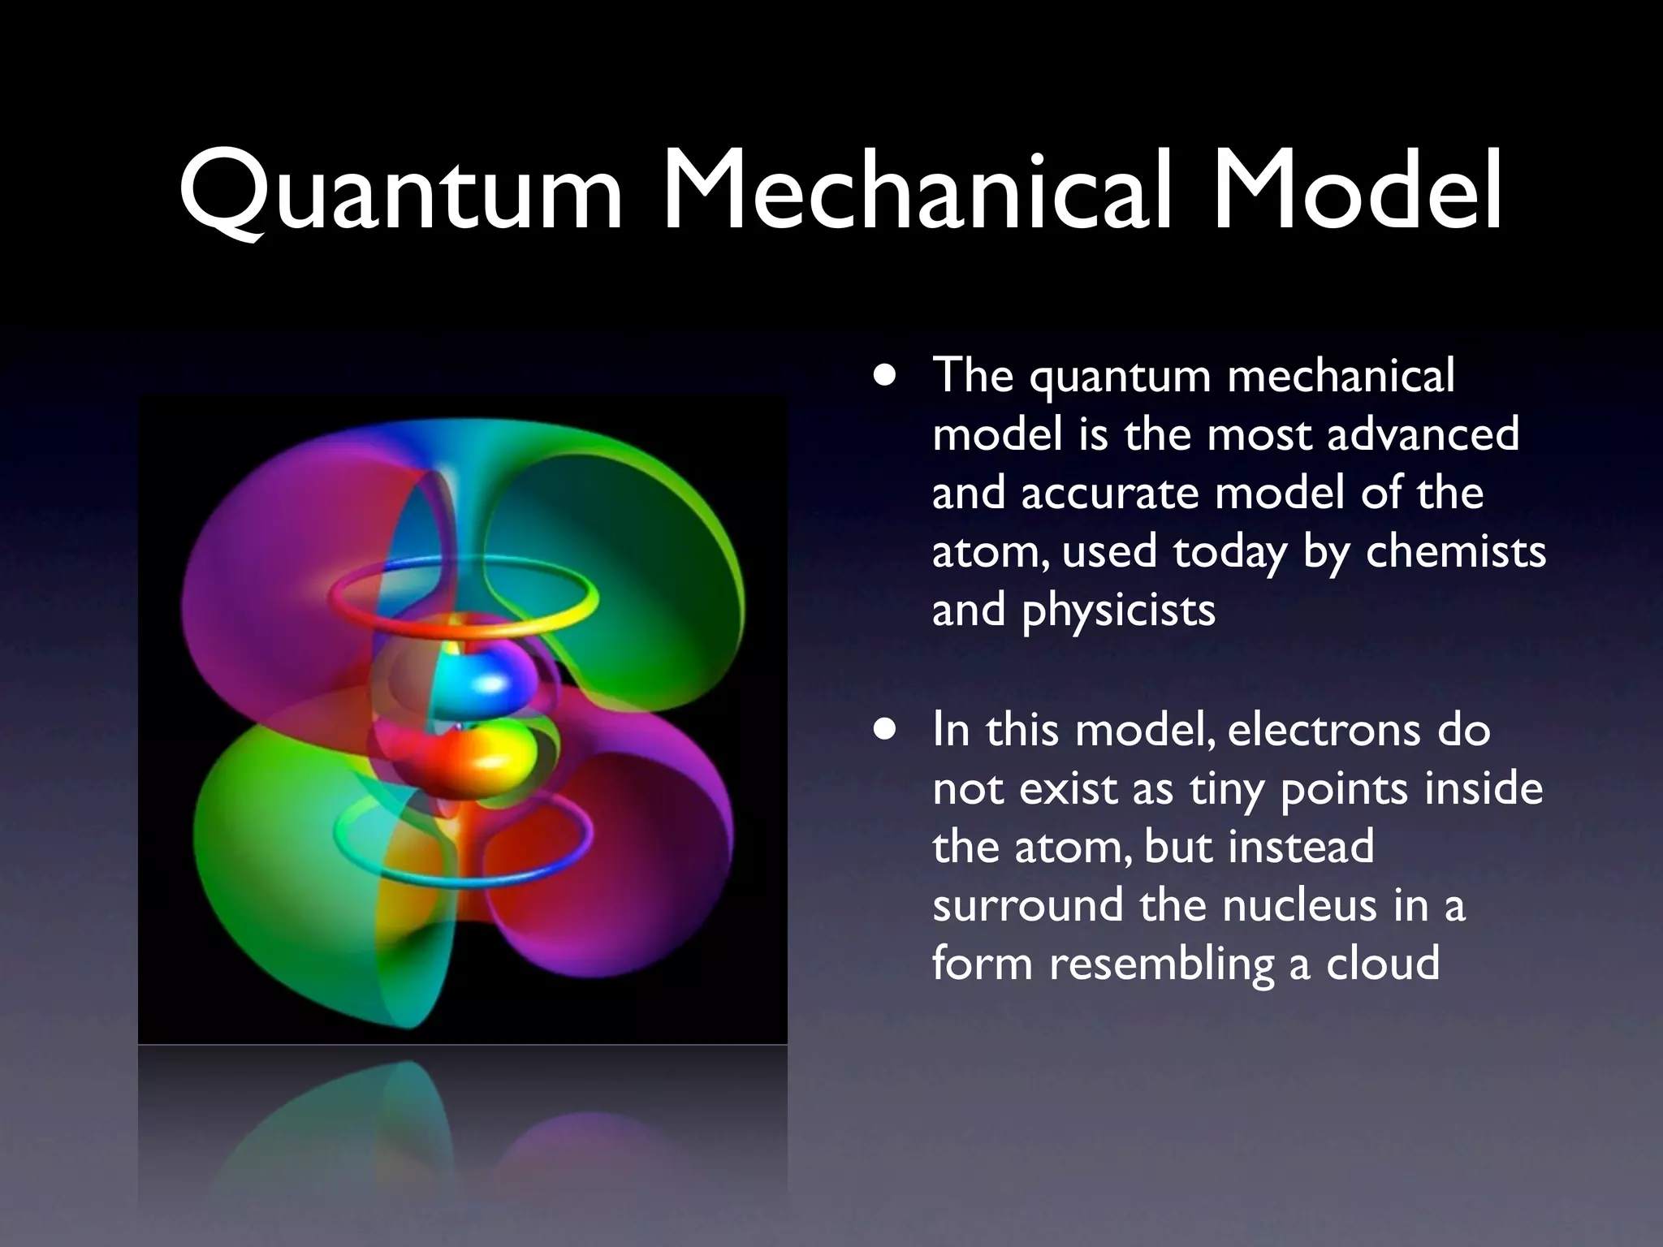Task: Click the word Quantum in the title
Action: pos(400,192)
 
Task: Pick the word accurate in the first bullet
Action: pos(1110,493)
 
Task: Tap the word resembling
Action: pos(1161,965)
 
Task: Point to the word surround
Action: pos(1028,905)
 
